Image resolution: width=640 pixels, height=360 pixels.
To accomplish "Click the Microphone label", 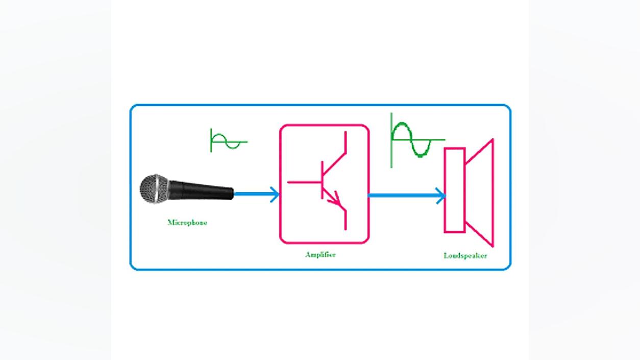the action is (x=187, y=223).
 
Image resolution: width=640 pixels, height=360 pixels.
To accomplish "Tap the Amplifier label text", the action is (x=321, y=255).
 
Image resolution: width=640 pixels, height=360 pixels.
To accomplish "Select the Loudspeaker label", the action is (x=465, y=256).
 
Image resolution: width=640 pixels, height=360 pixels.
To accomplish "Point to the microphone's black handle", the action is (x=202, y=190).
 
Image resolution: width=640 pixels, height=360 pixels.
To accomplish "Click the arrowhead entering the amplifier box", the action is (x=275, y=195).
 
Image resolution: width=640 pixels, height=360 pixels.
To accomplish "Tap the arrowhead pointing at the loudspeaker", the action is (x=441, y=196).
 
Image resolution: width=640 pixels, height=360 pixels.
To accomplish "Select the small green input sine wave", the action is (x=229, y=141).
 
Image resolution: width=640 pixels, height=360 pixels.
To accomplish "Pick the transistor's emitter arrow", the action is (x=335, y=199).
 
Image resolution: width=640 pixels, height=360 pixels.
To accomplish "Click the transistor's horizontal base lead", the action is (x=305, y=182).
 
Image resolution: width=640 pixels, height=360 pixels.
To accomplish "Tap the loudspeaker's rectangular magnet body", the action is (x=455, y=190).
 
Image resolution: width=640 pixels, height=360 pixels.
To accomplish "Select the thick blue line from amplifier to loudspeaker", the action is (x=406, y=196).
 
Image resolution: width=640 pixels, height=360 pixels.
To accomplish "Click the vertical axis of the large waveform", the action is (x=391, y=140).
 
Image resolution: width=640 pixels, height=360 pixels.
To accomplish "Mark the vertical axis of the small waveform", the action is (x=211, y=140).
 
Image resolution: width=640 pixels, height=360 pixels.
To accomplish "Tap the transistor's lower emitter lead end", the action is (x=346, y=229).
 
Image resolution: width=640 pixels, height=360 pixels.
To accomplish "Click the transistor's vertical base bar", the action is (x=322, y=180).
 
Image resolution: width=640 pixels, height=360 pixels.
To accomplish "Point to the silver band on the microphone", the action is (x=157, y=189).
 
